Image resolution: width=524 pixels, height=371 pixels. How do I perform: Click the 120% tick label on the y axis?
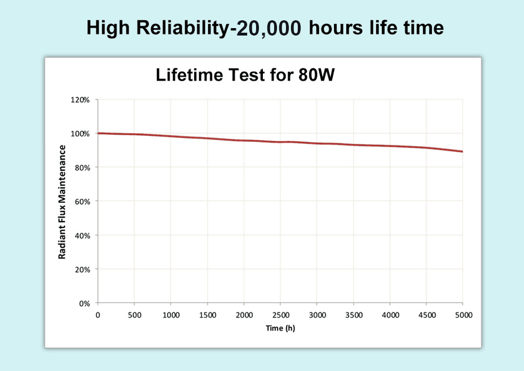80,100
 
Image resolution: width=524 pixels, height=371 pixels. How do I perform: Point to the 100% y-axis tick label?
80,134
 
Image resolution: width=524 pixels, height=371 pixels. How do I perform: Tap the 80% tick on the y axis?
82,167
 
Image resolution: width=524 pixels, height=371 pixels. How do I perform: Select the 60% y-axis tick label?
82,201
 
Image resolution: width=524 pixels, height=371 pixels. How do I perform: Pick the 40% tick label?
82,235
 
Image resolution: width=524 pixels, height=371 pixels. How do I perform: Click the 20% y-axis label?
82,270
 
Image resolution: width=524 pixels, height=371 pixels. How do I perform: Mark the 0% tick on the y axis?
84,303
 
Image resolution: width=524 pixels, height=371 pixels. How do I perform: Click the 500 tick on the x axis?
134,315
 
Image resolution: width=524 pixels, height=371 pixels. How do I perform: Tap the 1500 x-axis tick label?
207,315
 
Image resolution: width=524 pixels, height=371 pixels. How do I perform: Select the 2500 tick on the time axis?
280,315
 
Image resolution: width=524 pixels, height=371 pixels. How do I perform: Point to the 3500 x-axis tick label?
353,315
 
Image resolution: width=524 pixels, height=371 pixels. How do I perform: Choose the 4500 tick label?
426,315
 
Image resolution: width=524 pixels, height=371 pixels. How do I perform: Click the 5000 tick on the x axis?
463,315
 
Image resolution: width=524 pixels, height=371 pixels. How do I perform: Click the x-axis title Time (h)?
280,328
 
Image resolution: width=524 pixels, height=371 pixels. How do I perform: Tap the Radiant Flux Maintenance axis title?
63,202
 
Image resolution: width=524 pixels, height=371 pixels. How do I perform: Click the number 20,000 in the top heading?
270,28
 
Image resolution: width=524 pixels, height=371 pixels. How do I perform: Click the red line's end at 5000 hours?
463,152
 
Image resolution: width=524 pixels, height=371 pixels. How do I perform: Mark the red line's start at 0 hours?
98,133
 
